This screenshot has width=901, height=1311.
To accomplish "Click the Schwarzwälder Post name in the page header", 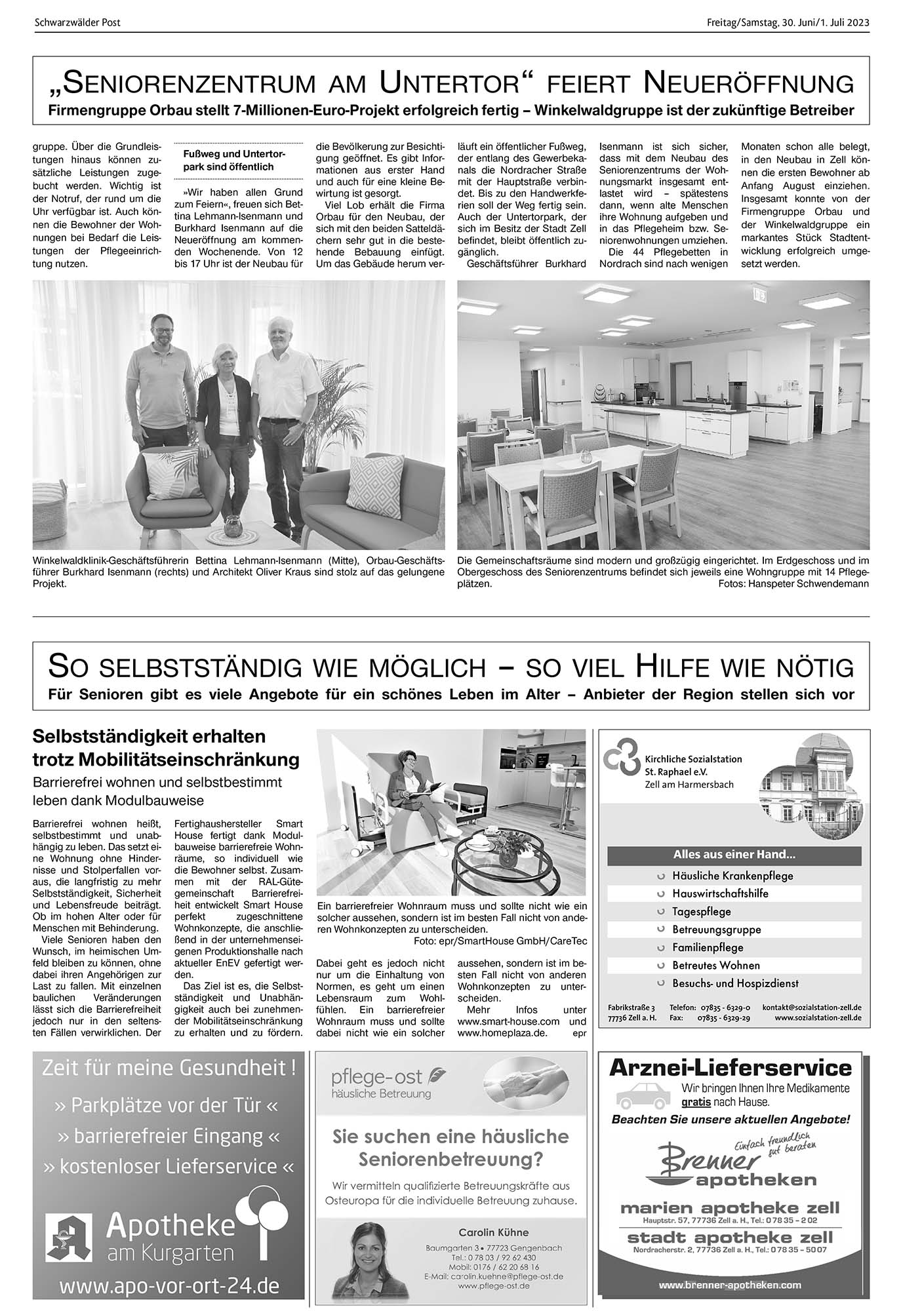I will (77, 22).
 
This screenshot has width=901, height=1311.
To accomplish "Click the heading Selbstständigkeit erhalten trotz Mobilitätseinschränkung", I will (166, 748).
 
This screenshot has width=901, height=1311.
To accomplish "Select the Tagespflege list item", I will (701, 911).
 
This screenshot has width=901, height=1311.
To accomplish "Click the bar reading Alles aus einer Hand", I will (734, 855).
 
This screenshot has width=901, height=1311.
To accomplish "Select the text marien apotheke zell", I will (729, 1207).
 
